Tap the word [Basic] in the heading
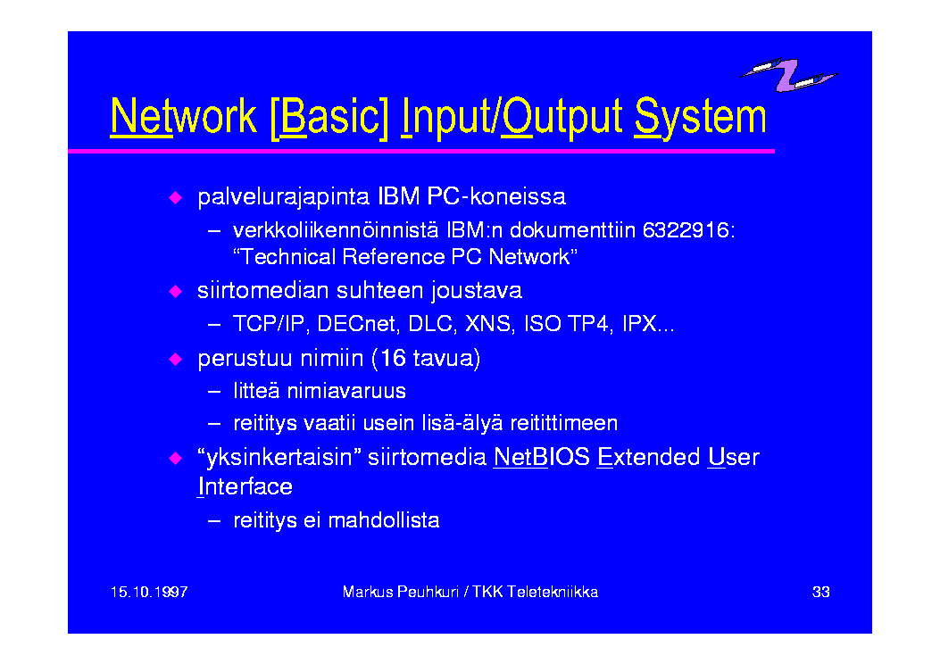(329, 117)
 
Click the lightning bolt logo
(787, 75)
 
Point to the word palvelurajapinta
(283, 197)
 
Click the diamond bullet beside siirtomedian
(176, 291)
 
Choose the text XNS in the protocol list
(488, 324)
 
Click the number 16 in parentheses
(394, 358)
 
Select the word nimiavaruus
(346, 391)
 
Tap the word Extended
(649, 457)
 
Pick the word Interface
(245, 486)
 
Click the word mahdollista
(384, 520)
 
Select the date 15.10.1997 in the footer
(149, 592)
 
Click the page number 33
(820, 592)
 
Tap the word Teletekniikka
(553, 592)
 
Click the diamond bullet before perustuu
(176, 359)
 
